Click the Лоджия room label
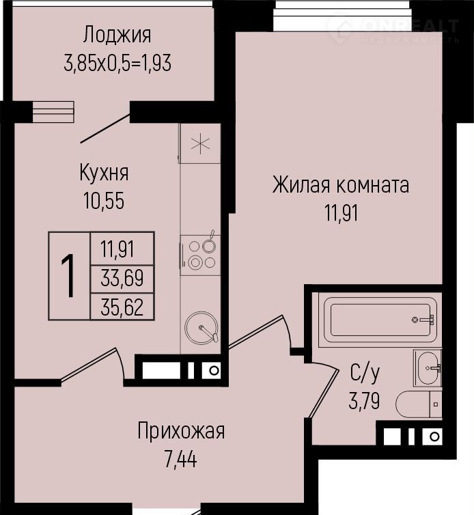pyautogui.click(x=117, y=36)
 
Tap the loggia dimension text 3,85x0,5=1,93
pyautogui.click(x=117, y=63)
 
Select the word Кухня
pyautogui.click(x=104, y=173)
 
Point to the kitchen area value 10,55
pyautogui.click(x=104, y=201)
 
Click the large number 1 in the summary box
pyautogui.click(x=69, y=276)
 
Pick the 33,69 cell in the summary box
pyautogui.click(x=122, y=278)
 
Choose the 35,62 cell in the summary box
pyautogui.click(x=122, y=307)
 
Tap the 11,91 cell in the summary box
pyautogui.click(x=117, y=249)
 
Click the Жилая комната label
pyautogui.click(x=341, y=186)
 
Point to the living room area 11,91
pyautogui.click(x=341, y=213)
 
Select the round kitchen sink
pyautogui.click(x=201, y=328)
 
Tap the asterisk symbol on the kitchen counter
pyautogui.click(x=200, y=144)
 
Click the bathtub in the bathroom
pyautogui.click(x=380, y=320)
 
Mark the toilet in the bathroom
pyautogui.click(x=419, y=404)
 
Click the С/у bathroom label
pyautogui.click(x=365, y=374)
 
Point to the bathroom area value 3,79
pyautogui.click(x=364, y=401)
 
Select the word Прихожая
pyautogui.click(x=181, y=432)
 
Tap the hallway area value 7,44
pyautogui.click(x=181, y=459)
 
